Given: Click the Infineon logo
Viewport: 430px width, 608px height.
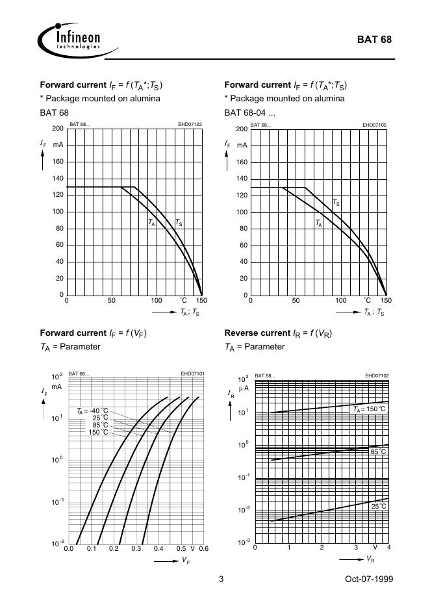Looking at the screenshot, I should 70,39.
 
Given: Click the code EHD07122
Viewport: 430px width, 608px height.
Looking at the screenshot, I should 190,124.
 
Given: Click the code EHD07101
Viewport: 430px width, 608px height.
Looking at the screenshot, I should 192,374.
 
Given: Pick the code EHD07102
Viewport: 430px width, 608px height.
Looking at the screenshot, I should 376,375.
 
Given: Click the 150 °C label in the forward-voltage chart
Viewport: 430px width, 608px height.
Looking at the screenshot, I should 99,432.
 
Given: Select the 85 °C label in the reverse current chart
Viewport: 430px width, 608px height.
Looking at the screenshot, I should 378,451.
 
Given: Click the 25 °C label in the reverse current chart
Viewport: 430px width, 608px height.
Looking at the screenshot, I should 378,505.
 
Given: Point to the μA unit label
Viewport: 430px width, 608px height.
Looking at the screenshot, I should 244,388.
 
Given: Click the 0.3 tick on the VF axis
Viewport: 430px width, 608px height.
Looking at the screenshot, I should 136,550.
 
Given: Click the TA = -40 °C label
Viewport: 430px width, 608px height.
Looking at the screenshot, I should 92,411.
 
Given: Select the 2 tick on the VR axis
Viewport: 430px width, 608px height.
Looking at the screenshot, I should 322,548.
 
